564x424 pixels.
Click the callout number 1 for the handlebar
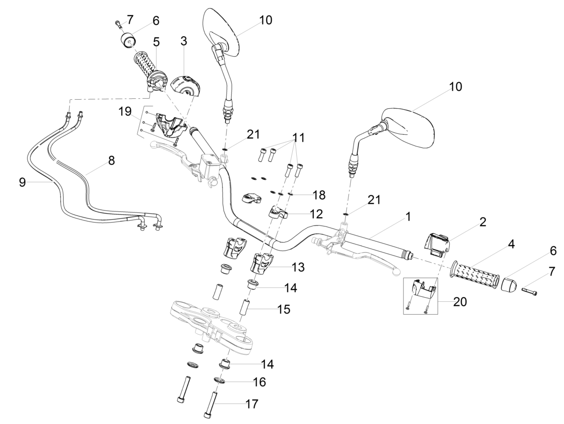(408, 217)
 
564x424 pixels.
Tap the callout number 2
(483, 222)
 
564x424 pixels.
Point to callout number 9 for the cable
(22, 182)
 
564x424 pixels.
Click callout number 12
(316, 214)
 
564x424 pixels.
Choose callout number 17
(252, 404)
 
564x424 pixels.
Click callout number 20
(460, 302)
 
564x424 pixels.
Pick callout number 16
(259, 382)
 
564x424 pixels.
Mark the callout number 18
(319, 195)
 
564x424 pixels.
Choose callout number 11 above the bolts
(299, 137)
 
